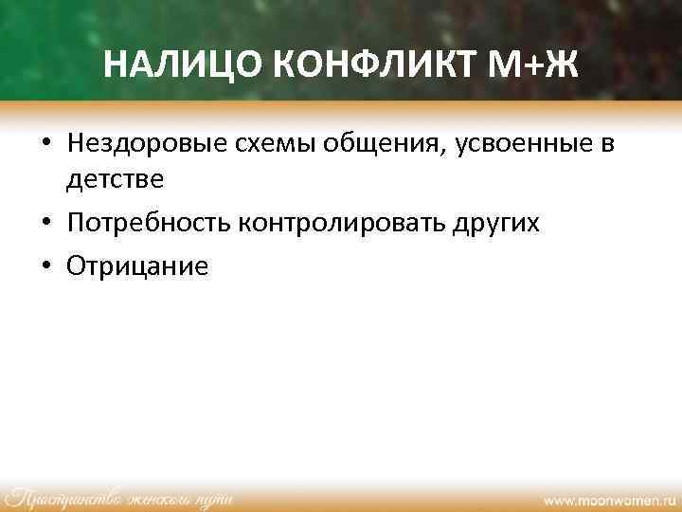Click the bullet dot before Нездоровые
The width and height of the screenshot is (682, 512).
(45, 144)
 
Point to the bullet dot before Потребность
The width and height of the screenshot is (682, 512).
(45, 224)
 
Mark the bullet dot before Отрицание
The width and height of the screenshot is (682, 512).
(45, 265)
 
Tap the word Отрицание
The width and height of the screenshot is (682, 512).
(136, 265)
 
